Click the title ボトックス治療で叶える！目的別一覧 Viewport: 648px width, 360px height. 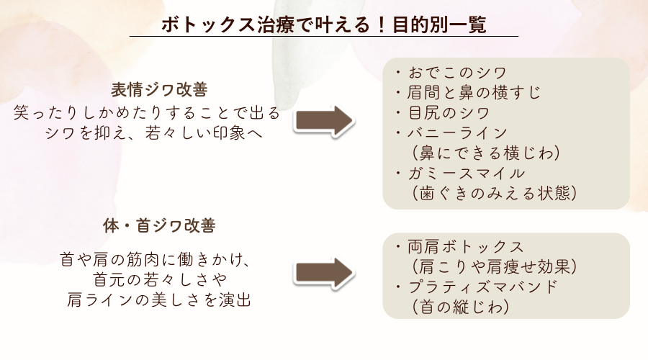324,25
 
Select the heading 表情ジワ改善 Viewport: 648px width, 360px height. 159,90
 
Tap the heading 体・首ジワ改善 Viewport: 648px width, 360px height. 159,226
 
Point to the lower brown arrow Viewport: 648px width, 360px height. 324,275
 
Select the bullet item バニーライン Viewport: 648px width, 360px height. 456,133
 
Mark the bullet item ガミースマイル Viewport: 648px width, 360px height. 464,174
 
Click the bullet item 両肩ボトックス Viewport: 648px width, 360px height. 464,246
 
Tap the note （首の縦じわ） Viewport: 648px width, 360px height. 457,307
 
